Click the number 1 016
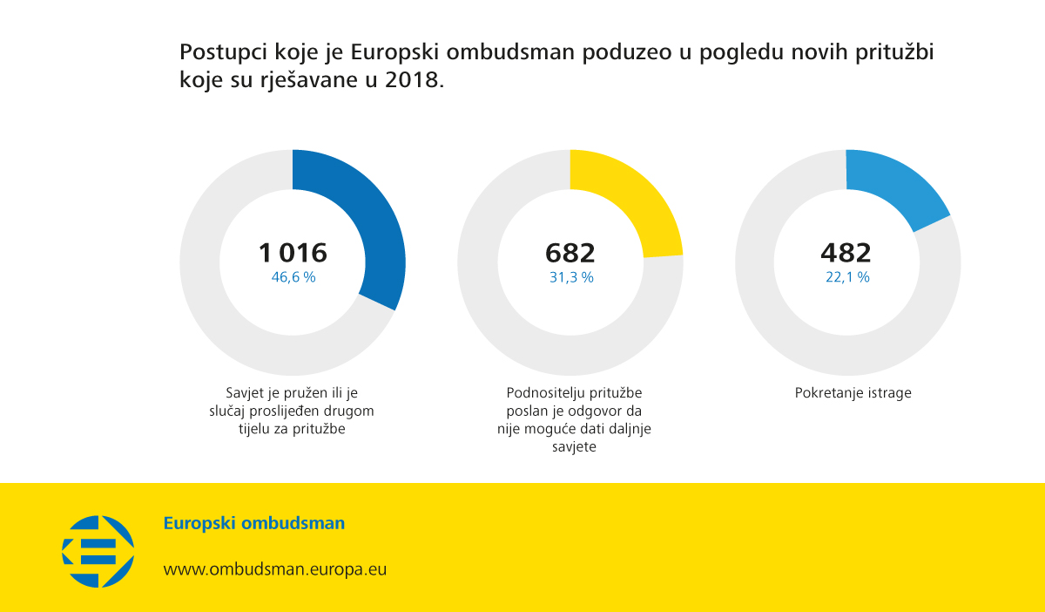pos(293,253)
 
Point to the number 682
pos(570,253)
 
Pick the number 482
pos(846,253)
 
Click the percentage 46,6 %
pos(293,277)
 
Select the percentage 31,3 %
pos(571,277)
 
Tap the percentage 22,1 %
pos(847,277)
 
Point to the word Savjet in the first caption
pos(245,393)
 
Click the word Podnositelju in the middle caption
pos(543,393)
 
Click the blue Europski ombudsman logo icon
pos(98,551)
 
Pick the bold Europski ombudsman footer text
pos(253,524)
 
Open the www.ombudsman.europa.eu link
pos(275,569)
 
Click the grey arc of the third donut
pos(784,331)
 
